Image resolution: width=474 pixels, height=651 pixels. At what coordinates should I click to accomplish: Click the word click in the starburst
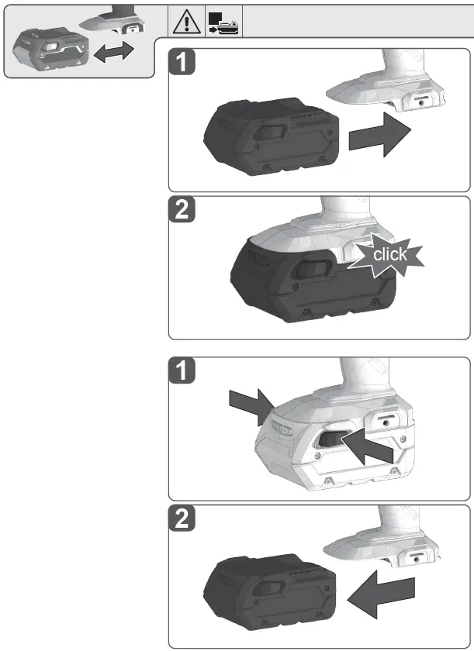[389, 254]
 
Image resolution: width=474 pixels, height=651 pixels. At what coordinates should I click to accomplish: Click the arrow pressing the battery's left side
[249, 405]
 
